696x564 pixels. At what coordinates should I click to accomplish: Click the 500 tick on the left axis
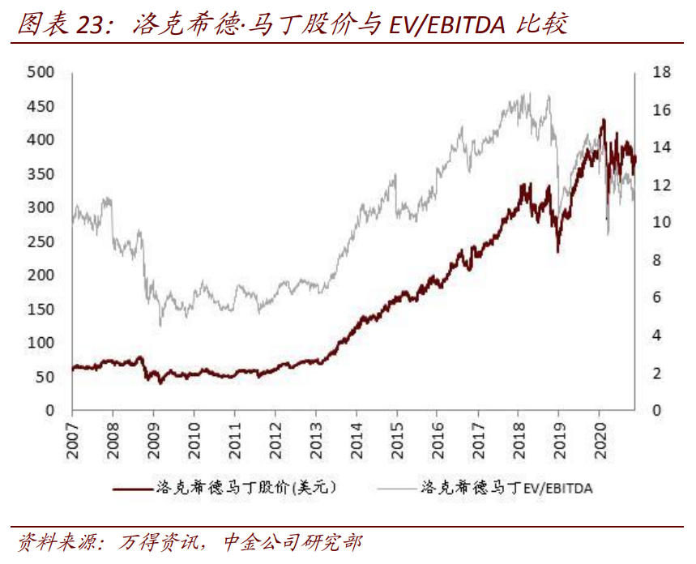click(41, 72)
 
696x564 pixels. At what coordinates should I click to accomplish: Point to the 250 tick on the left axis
click(41, 241)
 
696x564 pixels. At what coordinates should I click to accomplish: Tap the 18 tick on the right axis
click(660, 72)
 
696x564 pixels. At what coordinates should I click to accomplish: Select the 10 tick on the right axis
click(660, 223)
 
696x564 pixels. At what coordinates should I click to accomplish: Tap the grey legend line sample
click(397, 488)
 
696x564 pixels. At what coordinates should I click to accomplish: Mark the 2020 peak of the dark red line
click(602, 120)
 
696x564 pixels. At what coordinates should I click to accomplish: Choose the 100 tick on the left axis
click(41, 343)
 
